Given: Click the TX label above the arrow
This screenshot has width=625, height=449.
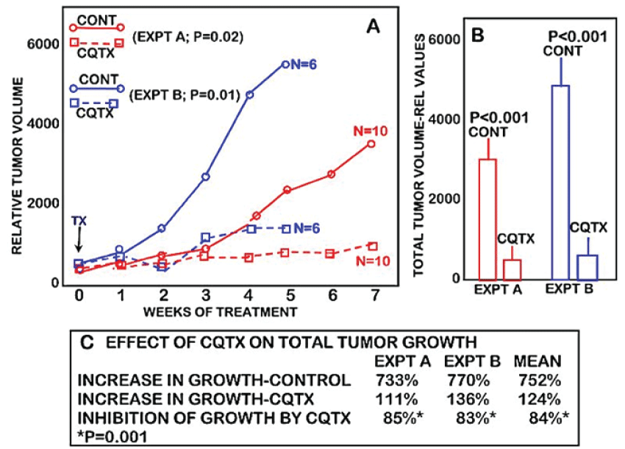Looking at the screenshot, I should coord(80,221).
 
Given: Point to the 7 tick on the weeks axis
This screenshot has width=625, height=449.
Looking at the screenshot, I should coord(372,296).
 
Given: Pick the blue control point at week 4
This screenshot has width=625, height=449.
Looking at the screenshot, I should coord(250,95).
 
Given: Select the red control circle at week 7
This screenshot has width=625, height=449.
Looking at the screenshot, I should coord(371,144).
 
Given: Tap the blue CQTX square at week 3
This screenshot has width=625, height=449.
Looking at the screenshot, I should coord(206,238).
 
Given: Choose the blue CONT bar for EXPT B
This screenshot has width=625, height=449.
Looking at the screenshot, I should coord(561,182).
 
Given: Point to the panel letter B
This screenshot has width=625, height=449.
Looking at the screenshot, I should coord(476,35).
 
